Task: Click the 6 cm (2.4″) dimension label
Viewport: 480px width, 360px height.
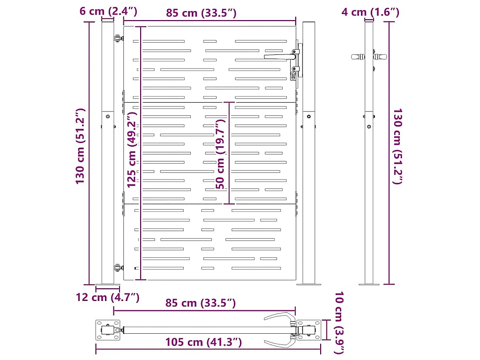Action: [x=108, y=11]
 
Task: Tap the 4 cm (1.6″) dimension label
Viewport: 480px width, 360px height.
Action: [x=370, y=12]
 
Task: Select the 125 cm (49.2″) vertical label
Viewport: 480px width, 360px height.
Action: [x=132, y=150]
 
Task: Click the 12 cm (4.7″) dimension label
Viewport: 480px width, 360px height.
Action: [x=108, y=297]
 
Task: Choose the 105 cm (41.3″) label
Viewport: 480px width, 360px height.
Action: [x=203, y=342]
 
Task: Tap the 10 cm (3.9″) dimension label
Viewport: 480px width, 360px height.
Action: [x=339, y=322]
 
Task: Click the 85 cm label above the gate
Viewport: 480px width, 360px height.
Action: [x=201, y=13]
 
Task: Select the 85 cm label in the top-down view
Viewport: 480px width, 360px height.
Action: [x=201, y=303]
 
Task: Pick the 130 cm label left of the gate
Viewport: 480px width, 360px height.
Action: [x=80, y=146]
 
